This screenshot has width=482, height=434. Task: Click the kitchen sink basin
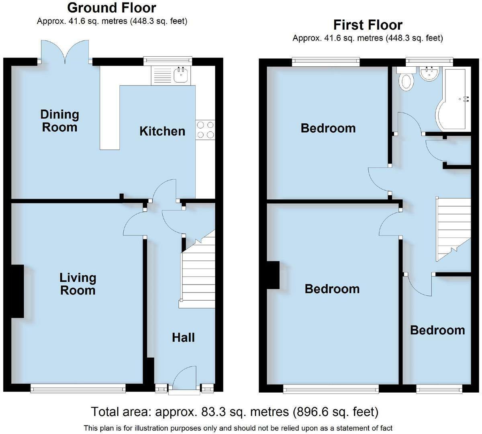coord(182,76)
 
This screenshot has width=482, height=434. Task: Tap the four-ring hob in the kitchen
coord(205,130)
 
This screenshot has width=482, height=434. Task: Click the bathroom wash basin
coord(429,73)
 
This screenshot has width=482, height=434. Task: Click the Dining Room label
coord(59,121)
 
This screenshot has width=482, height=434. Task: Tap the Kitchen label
coord(162,131)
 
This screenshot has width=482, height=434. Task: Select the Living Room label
coord(78,284)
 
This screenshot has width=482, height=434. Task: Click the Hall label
coord(183,338)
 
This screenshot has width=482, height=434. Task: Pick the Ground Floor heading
coord(112,8)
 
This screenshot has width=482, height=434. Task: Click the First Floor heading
coord(368,25)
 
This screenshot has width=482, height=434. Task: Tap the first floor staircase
coord(453,230)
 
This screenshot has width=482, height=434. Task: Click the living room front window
coord(78,388)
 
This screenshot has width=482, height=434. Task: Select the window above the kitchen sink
coord(168,61)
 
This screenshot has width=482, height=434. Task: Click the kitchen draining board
coord(162,76)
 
